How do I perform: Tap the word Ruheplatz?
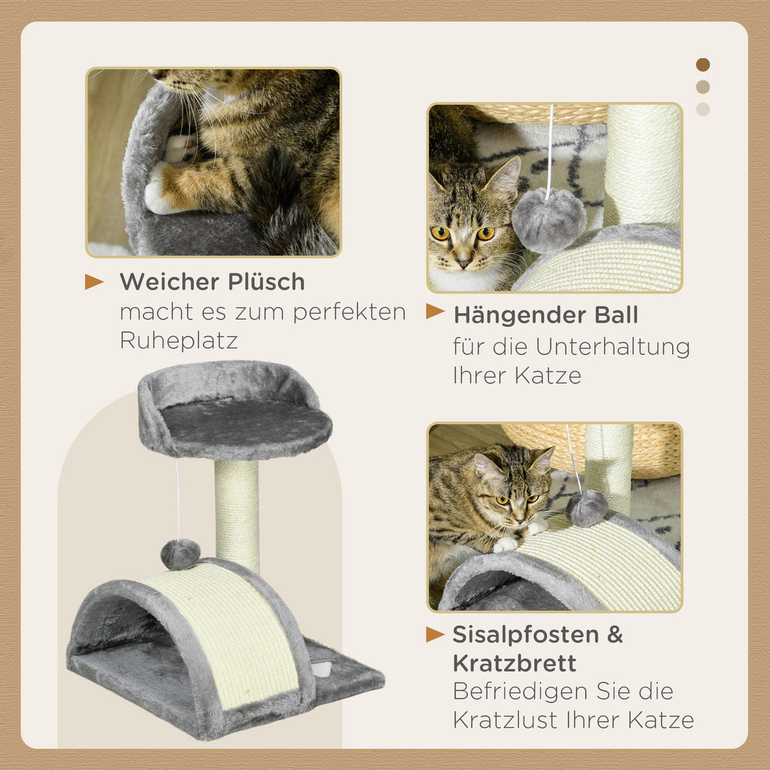click(x=179, y=340)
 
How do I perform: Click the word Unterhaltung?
click(x=613, y=346)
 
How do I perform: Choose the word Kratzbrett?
click(x=515, y=663)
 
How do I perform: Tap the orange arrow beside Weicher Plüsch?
click(x=94, y=282)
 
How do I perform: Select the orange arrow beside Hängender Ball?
click(x=436, y=312)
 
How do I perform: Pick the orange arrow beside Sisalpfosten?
click(x=436, y=635)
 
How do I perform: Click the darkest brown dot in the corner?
click(x=703, y=65)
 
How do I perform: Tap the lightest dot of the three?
click(x=703, y=109)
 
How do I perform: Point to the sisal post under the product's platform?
click(x=237, y=513)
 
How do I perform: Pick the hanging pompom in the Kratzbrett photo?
click(x=588, y=508)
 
